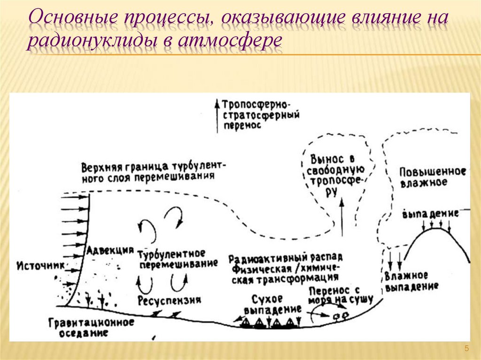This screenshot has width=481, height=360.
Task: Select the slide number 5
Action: click(x=466, y=348)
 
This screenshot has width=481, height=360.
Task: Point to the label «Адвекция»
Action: click(x=110, y=251)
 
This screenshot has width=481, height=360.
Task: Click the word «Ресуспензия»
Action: click(x=170, y=300)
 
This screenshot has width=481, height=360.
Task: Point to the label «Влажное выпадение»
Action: click(x=411, y=280)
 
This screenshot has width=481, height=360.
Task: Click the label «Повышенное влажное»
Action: click(x=432, y=176)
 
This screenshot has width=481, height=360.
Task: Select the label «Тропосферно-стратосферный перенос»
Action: click(x=261, y=114)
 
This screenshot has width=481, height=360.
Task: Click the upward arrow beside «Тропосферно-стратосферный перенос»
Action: click(x=217, y=115)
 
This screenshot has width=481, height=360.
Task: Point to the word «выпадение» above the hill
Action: click(x=430, y=214)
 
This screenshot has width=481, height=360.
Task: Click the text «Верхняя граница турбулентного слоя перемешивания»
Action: click(x=153, y=172)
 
